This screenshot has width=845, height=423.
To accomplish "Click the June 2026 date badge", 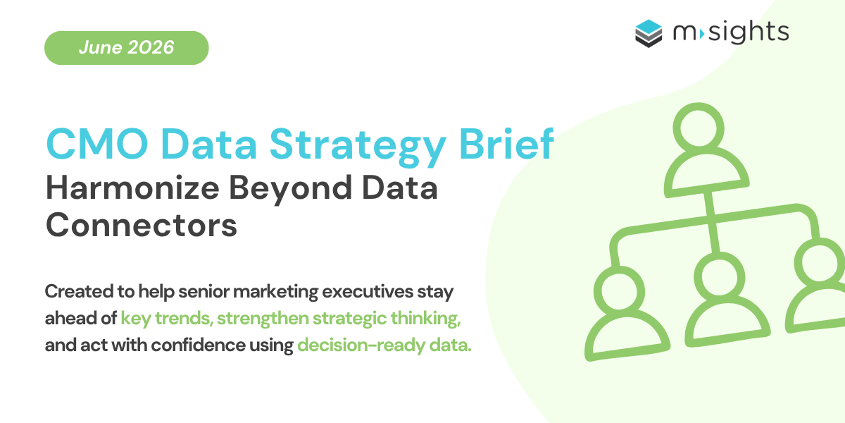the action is click(x=126, y=48).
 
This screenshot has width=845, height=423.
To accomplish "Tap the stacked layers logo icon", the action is click(x=649, y=33).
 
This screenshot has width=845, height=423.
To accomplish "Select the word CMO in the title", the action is click(x=97, y=145).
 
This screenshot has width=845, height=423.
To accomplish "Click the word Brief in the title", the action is click(x=506, y=144).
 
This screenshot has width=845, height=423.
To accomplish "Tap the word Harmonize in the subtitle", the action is click(x=132, y=188).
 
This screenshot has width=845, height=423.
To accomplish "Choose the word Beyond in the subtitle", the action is click(x=290, y=190).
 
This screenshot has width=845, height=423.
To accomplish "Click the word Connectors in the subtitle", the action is click(x=142, y=225).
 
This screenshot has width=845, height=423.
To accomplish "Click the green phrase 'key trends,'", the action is click(x=167, y=319).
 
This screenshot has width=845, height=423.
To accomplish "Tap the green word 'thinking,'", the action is click(x=425, y=319).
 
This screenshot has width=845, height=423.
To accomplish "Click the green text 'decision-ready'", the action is click(x=361, y=346).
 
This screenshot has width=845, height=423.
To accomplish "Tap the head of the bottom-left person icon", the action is click(x=619, y=292).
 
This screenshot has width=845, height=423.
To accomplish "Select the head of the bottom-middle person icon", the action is click(x=720, y=277).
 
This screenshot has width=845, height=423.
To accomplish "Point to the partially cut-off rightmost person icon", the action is click(x=817, y=286).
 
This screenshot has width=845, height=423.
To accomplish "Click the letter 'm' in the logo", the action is click(x=684, y=33).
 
